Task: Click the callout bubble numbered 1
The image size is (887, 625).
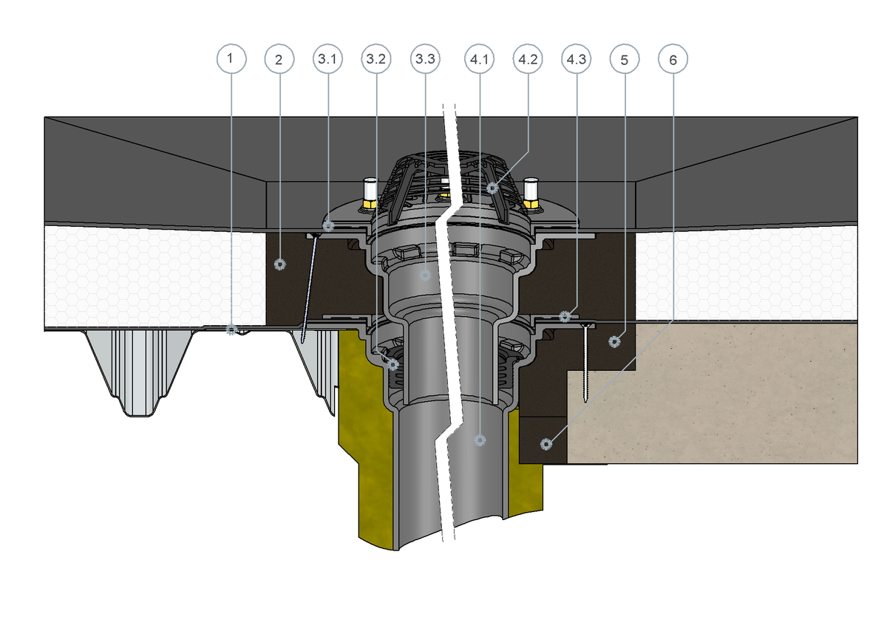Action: [x=231, y=58]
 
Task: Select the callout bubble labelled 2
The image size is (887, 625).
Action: [x=279, y=59]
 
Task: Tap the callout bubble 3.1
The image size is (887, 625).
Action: [x=328, y=59]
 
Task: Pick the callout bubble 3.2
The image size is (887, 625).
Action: [x=376, y=59]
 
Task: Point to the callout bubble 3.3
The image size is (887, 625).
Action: [x=425, y=59]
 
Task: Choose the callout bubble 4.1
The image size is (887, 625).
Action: [x=479, y=59]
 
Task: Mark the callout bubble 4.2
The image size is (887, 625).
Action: [x=528, y=59]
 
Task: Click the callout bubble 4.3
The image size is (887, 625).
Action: [x=576, y=59]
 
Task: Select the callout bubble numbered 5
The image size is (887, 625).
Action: [x=625, y=59]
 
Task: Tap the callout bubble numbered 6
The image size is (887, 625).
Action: [x=673, y=59]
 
